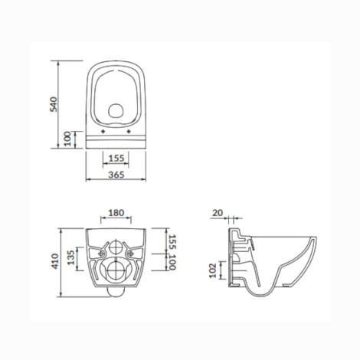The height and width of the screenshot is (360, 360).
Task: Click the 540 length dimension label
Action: click(x=54, y=104)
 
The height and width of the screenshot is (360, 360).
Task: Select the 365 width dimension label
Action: click(x=116, y=175)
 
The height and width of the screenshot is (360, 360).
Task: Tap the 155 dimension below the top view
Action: click(x=116, y=159)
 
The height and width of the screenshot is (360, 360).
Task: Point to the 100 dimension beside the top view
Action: click(x=67, y=139)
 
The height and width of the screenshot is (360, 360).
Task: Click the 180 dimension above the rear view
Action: click(x=116, y=213)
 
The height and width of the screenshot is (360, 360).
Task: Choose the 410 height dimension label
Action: click(x=55, y=261)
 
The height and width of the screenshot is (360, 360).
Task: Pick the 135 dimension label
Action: click(x=70, y=257)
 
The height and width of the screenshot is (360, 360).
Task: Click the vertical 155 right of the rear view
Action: click(x=172, y=242)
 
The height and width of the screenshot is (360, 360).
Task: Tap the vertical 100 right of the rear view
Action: click(x=172, y=262)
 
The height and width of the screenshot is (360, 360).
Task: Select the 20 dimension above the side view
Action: click(x=218, y=213)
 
